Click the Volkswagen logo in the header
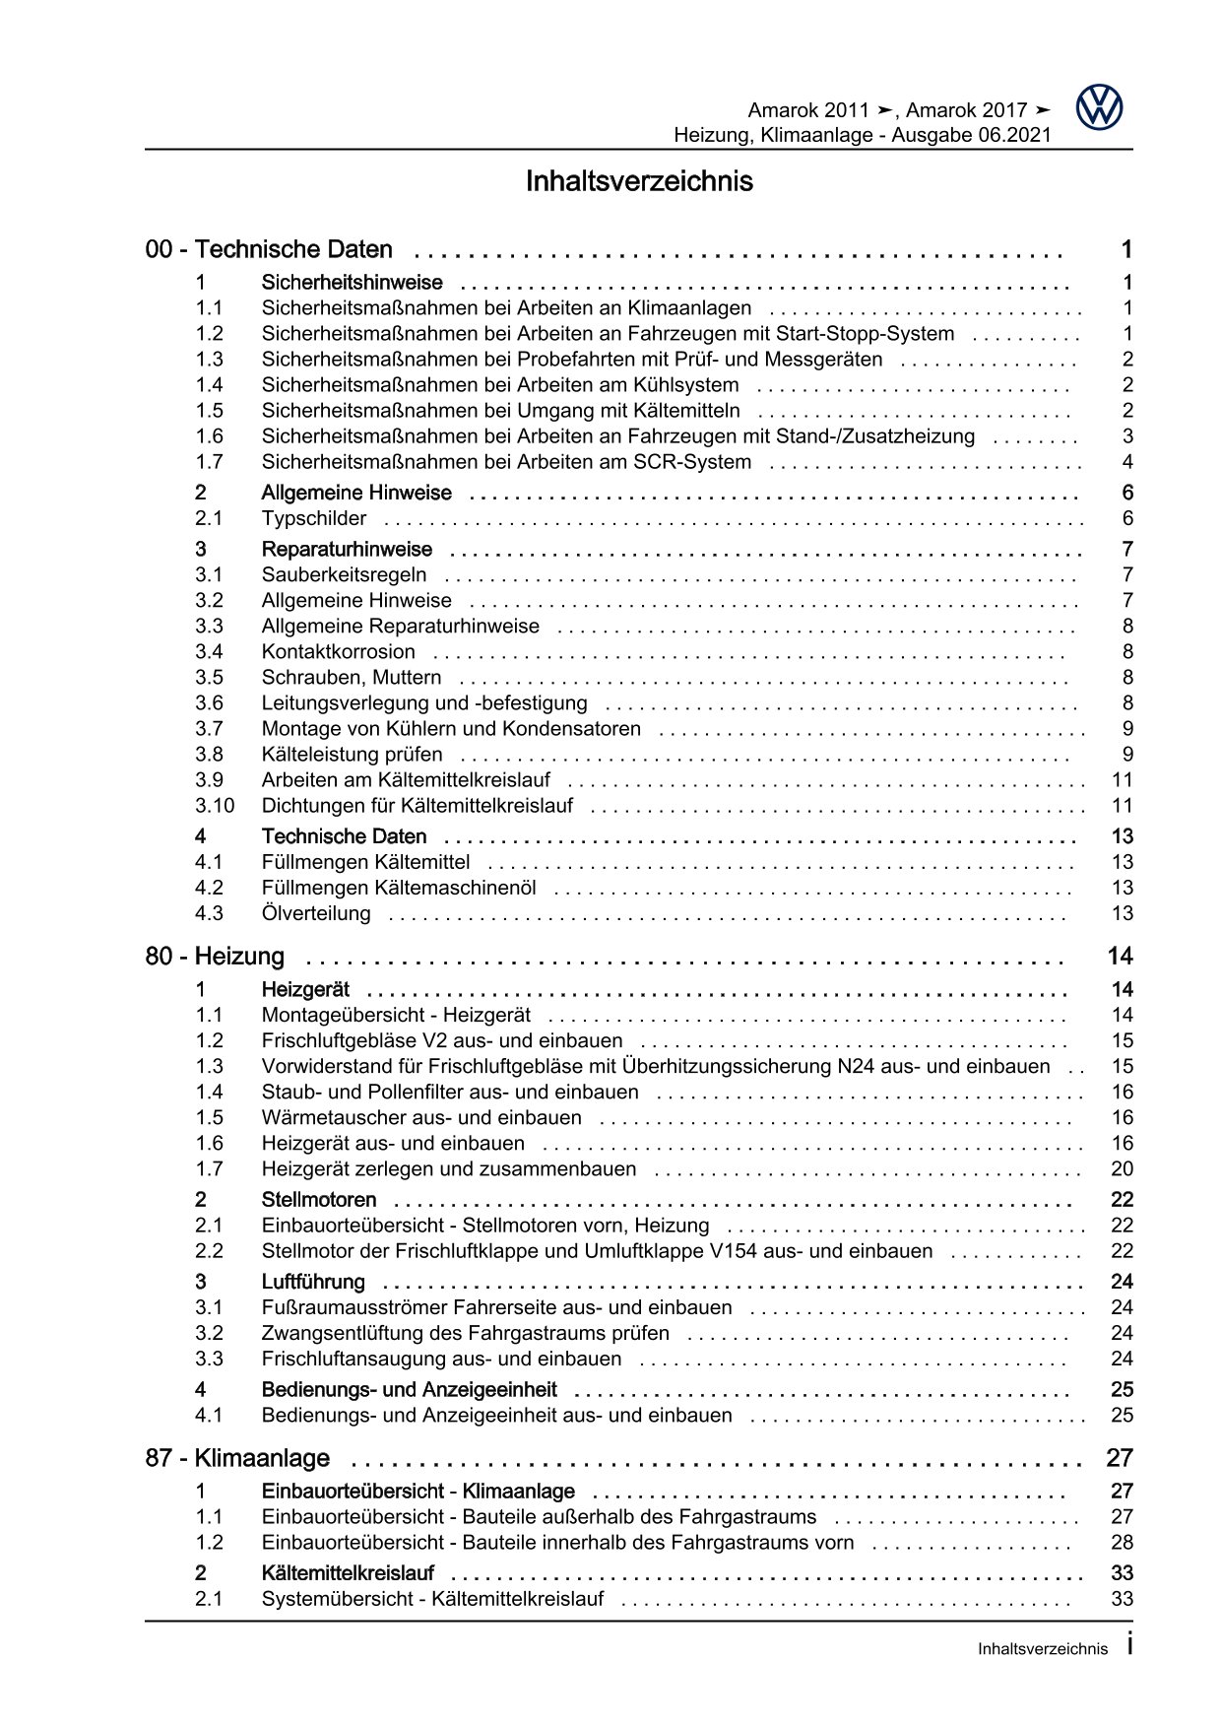coord(1099,106)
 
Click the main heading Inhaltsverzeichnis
coord(639,182)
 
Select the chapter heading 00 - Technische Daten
coord(269,250)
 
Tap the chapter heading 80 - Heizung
coord(215,957)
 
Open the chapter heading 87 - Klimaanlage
coord(237,1458)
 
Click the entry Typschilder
coord(313,519)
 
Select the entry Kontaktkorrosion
coord(338,652)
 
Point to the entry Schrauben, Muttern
coord(351,678)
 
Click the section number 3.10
coord(214,806)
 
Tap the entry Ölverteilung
coord(316,914)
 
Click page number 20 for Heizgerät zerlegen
coord(1122,1169)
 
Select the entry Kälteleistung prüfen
coord(352,755)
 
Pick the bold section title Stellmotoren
coord(318,1200)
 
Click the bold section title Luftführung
coord(312,1282)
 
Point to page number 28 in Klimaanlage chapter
coord(1122,1543)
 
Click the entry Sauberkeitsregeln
coord(344,575)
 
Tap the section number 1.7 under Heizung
coord(209,1169)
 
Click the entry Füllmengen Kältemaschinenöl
coord(398,889)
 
